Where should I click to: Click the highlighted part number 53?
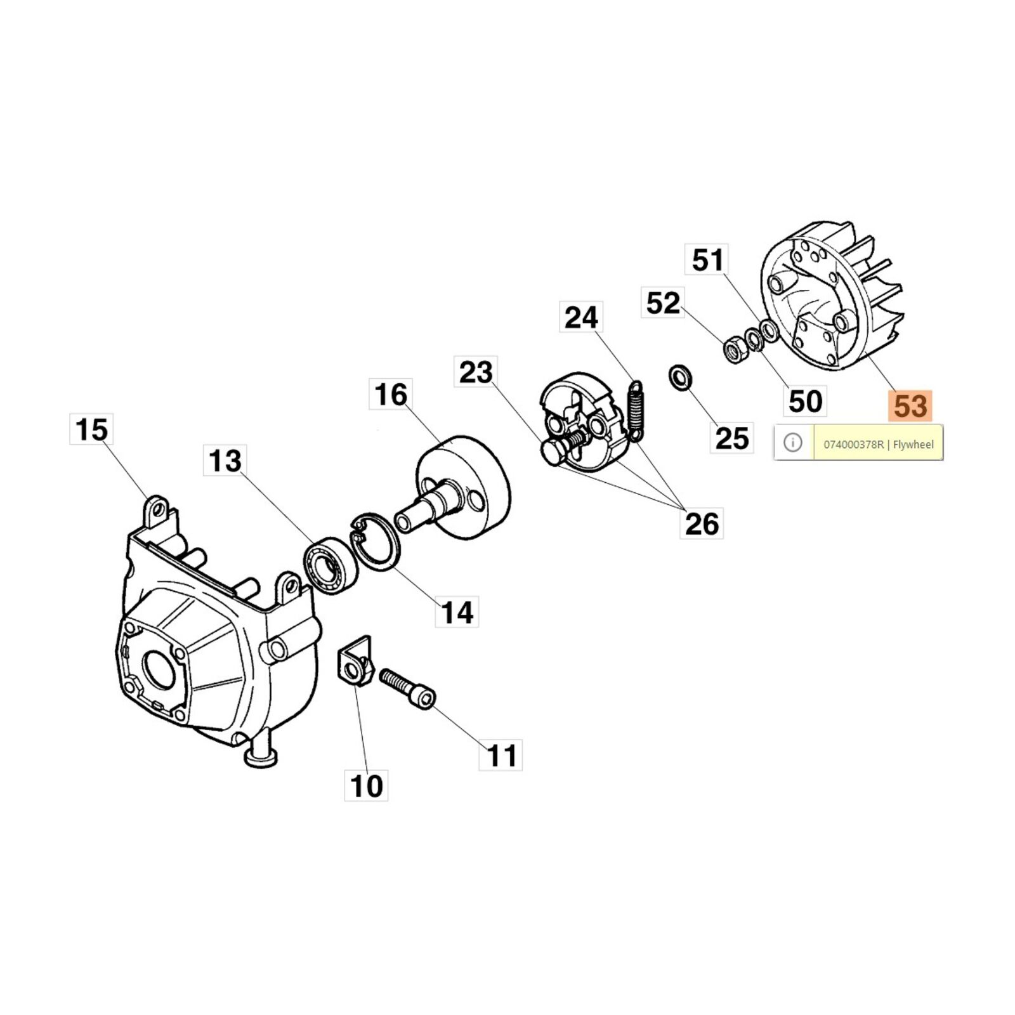point(910,407)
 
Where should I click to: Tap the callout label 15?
point(91,429)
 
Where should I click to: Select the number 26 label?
point(702,523)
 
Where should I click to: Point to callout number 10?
point(366,785)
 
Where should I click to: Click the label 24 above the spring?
point(581,317)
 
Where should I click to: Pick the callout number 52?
point(663,303)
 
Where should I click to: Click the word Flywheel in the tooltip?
point(913,444)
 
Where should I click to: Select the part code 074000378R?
point(853,444)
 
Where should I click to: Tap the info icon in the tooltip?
point(793,442)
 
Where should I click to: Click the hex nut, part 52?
point(735,350)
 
